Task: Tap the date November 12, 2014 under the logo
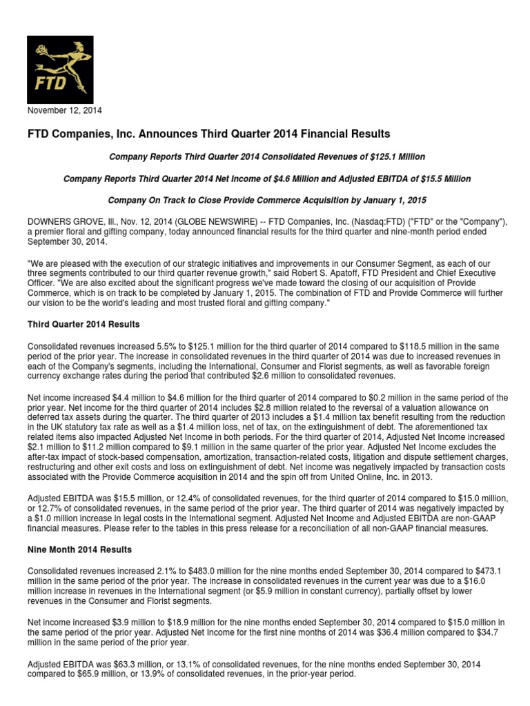[x=64, y=110]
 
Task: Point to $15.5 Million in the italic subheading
[x=444, y=179]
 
